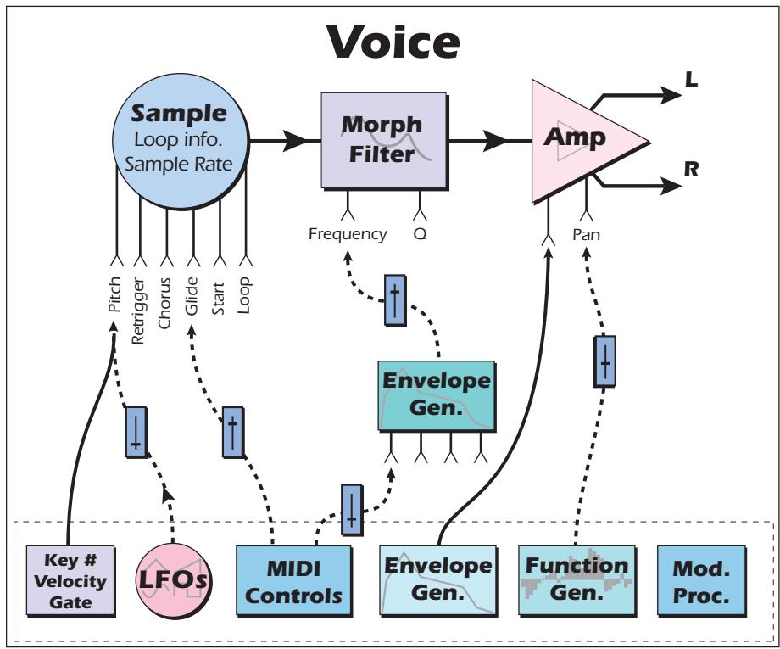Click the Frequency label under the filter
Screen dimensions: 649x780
(x=348, y=233)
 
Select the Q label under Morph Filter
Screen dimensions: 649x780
(x=419, y=233)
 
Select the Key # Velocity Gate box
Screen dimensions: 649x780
(x=70, y=580)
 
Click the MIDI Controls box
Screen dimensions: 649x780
(x=292, y=580)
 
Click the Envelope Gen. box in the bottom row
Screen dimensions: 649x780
(x=436, y=580)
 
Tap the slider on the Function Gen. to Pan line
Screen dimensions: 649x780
(x=604, y=362)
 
